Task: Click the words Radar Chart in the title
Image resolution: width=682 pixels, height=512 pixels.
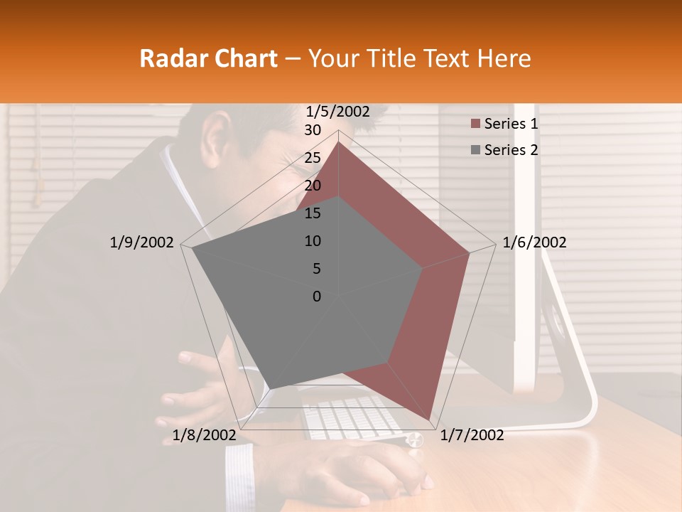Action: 208,58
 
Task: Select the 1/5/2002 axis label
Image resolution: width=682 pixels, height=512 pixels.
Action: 337,112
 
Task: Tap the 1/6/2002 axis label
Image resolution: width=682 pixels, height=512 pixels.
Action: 534,242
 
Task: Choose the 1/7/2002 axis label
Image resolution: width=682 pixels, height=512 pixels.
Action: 472,435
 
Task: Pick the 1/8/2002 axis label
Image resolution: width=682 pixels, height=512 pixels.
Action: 204,435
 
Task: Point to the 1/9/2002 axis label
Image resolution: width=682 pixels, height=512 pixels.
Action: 141,242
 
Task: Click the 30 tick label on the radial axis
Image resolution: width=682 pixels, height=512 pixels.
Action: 312,130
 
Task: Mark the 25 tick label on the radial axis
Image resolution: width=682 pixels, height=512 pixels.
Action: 312,158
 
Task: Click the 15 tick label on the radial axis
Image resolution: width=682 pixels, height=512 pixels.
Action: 312,213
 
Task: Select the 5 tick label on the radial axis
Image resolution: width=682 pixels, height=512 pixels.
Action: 316,269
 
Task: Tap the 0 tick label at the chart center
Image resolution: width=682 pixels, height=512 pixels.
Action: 317,297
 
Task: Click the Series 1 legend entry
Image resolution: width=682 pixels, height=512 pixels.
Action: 511,124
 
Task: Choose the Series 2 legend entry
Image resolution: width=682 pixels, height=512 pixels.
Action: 511,150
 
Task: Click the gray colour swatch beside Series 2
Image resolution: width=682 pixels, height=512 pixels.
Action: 475,150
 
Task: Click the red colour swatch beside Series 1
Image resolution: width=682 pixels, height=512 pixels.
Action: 475,124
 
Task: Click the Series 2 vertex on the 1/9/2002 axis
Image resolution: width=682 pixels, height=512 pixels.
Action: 193,248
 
